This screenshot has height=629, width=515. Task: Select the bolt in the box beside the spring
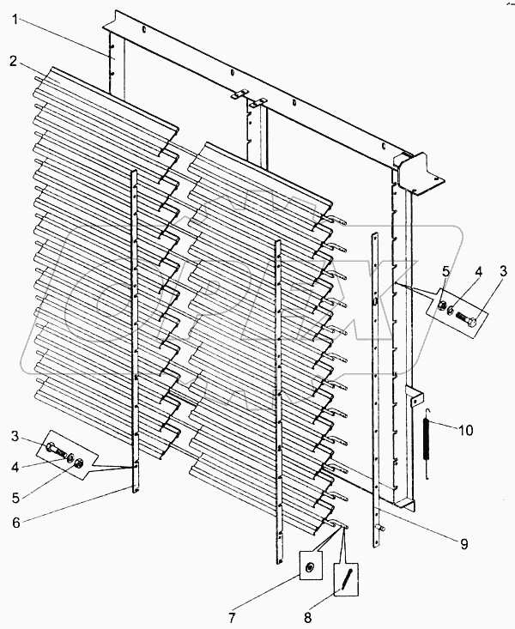[x=470, y=319]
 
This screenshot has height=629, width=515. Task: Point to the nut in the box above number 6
[x=79, y=464]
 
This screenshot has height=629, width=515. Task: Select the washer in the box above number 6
[x=69, y=457]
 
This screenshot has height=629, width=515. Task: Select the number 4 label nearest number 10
[x=478, y=271]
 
